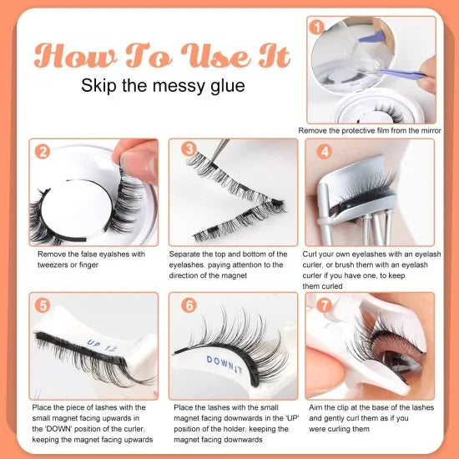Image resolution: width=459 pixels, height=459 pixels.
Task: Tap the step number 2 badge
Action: tap(41, 152)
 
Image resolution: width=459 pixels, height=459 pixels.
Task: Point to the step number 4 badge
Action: tap(325, 152)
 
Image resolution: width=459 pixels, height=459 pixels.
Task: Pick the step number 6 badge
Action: tap(191, 305)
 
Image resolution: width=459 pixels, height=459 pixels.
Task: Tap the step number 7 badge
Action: tap(325, 305)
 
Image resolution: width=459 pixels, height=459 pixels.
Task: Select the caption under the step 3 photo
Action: tap(234, 265)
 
